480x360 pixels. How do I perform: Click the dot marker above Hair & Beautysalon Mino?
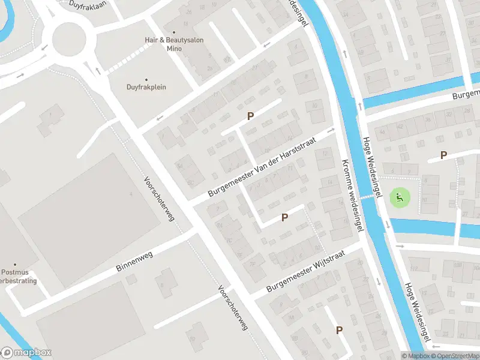[x=174, y=33]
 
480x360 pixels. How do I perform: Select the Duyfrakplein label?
[x=146, y=87]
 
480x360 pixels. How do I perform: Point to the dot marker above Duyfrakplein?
[x=146, y=77]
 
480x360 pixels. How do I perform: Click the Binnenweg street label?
[x=134, y=265]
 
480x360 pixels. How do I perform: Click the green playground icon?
[x=398, y=197]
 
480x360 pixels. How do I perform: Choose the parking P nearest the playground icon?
[x=443, y=155]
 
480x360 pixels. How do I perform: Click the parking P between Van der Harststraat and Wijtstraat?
[x=284, y=217]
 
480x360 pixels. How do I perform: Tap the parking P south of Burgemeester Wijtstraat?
[x=339, y=330]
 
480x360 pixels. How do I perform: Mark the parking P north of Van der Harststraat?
[x=250, y=116]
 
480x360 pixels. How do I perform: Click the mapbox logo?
[x=26, y=353]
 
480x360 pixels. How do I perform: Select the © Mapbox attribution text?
[x=417, y=356]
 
